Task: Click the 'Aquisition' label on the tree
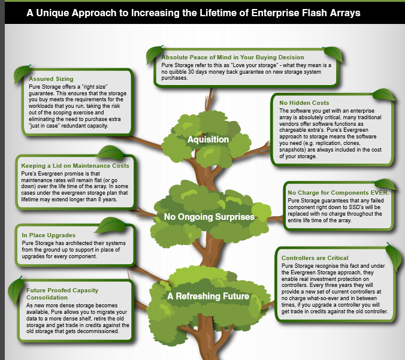[208, 140]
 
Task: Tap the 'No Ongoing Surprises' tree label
[209, 217]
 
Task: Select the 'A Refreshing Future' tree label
[208, 296]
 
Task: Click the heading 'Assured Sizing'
[51, 78]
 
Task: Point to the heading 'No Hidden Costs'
[304, 103]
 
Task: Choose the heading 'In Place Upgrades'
[49, 235]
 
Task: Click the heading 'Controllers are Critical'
[315, 258]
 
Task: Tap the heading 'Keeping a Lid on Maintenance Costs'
[75, 165]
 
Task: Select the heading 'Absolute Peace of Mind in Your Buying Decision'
[232, 58]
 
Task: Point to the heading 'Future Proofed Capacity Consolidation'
[62, 294]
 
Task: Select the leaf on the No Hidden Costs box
[383, 95]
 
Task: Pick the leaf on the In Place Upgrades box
[111, 225]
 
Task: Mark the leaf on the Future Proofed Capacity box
[16, 290]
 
